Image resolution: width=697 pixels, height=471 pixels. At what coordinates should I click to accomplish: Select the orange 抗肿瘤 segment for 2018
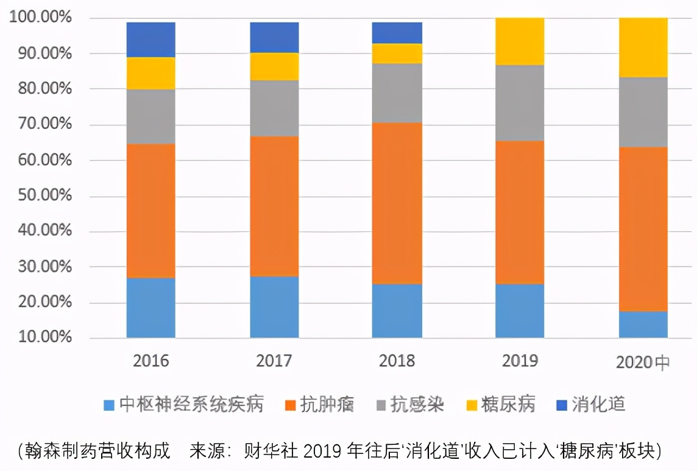(397, 203)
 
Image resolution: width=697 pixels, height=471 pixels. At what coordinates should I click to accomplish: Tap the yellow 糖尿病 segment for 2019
(519, 41)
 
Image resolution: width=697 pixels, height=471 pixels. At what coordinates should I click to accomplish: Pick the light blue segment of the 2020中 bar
(643, 324)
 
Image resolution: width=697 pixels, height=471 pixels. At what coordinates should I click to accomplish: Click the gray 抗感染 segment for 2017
(274, 108)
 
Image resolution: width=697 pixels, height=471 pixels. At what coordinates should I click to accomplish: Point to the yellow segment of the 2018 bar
(397, 54)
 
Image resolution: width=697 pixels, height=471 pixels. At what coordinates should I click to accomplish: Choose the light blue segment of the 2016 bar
(150, 308)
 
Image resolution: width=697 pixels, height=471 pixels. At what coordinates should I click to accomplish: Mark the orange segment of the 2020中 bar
(643, 229)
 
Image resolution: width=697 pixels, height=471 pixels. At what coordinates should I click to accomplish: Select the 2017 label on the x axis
(274, 361)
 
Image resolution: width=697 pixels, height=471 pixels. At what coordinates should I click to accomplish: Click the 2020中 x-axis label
(643, 362)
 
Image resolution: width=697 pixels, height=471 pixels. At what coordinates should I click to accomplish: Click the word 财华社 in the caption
(271, 451)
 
